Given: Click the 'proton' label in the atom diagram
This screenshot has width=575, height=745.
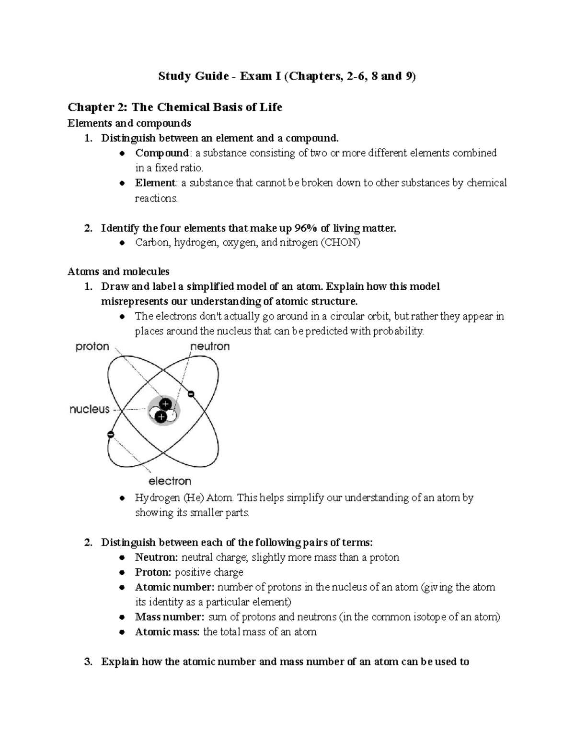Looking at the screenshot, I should pyautogui.click(x=92, y=347).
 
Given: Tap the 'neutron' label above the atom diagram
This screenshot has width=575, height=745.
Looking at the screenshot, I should pyautogui.click(x=210, y=346).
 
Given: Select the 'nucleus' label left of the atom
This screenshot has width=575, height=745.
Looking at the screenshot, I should pyautogui.click(x=90, y=409).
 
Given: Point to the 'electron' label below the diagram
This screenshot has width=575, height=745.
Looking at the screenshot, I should pyautogui.click(x=170, y=481).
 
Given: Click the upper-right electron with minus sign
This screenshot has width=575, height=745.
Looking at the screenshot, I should pyautogui.click(x=191, y=394).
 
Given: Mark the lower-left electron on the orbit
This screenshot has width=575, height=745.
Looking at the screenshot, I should pyautogui.click(x=111, y=435).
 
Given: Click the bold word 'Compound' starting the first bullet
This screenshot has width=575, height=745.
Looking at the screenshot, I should pyautogui.click(x=162, y=153).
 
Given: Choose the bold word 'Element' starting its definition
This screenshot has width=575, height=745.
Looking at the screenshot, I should pyautogui.click(x=155, y=183).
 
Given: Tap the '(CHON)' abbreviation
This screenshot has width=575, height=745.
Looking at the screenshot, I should pyautogui.click(x=340, y=242).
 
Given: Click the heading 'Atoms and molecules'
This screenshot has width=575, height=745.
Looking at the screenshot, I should pyautogui.click(x=118, y=272).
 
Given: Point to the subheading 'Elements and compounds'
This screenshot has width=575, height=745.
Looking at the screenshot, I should pyautogui.click(x=129, y=123).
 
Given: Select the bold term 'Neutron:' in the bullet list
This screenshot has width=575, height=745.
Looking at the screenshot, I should pyautogui.click(x=157, y=557).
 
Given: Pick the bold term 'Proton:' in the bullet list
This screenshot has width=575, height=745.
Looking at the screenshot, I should pyautogui.click(x=153, y=572).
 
